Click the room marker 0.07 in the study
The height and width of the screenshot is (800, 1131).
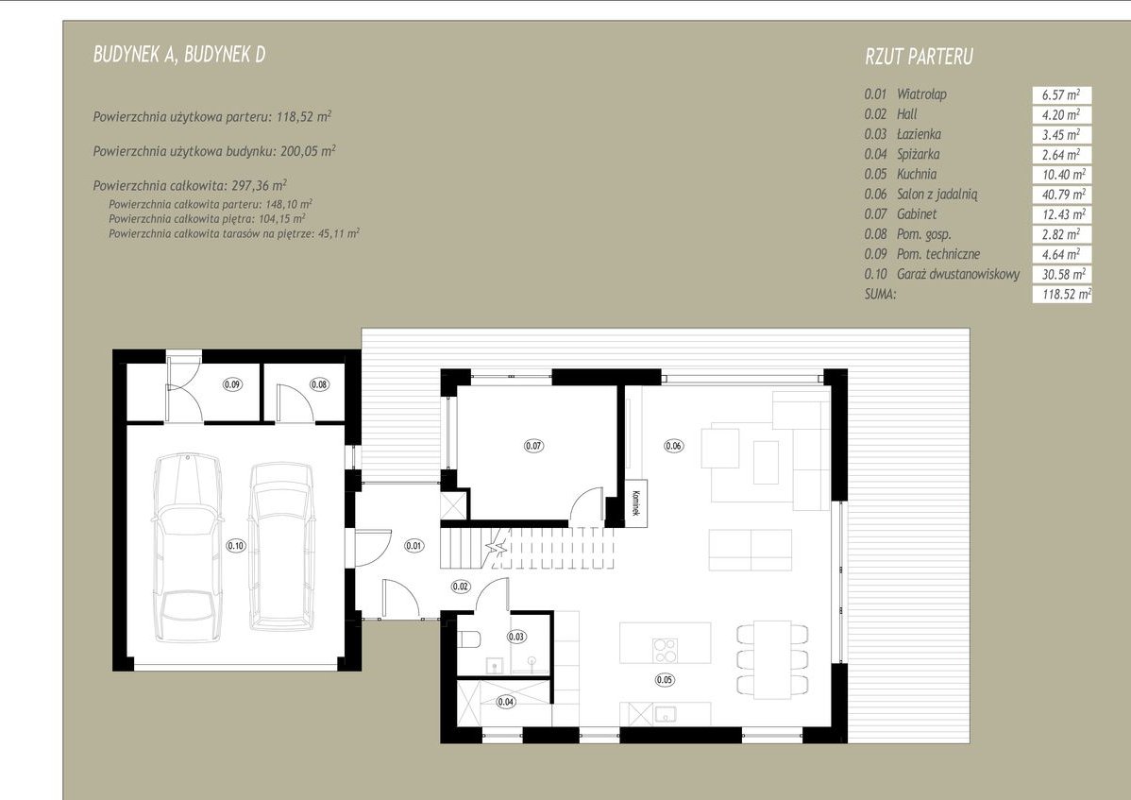[x=533, y=446]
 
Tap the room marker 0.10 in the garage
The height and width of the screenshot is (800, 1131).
[x=236, y=546]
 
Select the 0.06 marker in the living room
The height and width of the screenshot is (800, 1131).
[x=673, y=446]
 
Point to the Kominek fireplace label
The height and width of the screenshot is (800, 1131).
[x=636, y=502]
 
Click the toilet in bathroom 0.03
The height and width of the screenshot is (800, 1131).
[x=469, y=639]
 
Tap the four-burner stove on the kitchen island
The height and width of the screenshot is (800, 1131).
[x=665, y=650]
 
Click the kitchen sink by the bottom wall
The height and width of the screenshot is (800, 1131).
[x=665, y=714]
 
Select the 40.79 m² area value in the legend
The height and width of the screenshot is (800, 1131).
[x=1063, y=194]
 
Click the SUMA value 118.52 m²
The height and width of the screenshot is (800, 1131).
[x=1066, y=295]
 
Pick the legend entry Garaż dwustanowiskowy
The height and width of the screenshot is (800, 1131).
[x=958, y=274]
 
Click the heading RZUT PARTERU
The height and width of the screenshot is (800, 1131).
[x=919, y=57]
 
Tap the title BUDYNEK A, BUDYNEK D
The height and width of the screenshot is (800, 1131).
[x=179, y=55]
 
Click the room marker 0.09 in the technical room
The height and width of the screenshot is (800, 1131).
[x=232, y=384]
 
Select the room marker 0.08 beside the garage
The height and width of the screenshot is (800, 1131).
[x=319, y=384]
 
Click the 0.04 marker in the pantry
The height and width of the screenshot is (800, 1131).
[x=506, y=701]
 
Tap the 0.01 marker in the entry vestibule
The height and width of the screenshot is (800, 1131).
[x=414, y=546]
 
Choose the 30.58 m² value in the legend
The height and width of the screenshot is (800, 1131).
[x=1063, y=274]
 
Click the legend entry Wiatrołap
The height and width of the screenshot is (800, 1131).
[x=921, y=94]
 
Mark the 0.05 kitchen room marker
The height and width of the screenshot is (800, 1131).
[x=665, y=679]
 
